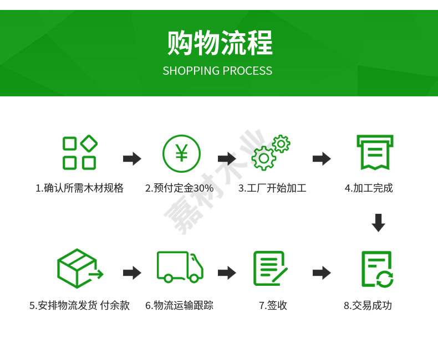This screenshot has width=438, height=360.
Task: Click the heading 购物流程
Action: [x=220, y=43]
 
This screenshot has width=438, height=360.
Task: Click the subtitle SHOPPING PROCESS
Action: [x=217, y=71]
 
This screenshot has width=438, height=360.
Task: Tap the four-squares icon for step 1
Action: [x=80, y=152]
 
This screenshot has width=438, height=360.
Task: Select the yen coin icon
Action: [x=181, y=153]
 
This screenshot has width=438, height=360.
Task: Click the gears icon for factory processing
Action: [x=271, y=152]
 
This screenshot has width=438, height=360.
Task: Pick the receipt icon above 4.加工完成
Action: [x=374, y=152]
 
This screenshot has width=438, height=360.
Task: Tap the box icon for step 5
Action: [x=79, y=268]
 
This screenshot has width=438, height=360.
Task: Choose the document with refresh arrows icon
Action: [x=376, y=269]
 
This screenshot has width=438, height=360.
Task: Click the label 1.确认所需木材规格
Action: [x=79, y=188]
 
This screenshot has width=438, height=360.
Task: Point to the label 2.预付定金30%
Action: [x=179, y=188]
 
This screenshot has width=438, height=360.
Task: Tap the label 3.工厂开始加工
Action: [x=272, y=188]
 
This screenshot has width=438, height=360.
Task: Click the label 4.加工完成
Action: [x=369, y=188]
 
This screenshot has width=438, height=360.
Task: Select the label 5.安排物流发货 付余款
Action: [x=79, y=305]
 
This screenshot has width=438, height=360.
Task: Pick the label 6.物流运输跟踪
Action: [x=179, y=305]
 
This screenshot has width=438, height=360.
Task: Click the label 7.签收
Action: [x=273, y=305]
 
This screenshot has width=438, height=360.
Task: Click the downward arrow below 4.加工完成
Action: [x=378, y=223]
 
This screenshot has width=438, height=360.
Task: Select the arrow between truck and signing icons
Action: [x=227, y=272]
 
